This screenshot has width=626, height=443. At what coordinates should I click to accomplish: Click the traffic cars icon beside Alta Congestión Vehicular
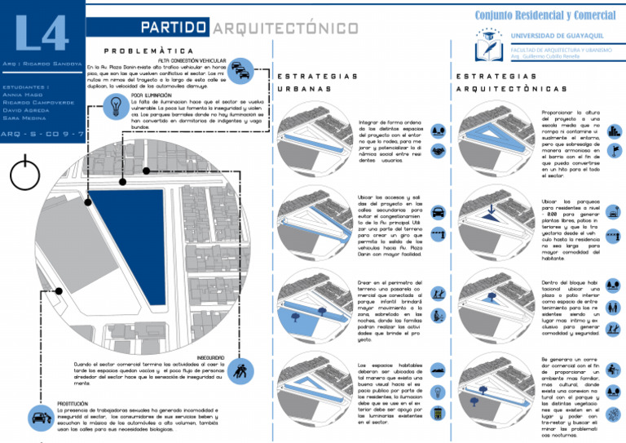point(241,71)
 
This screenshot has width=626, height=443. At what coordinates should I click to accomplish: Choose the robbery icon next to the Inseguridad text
point(240,373)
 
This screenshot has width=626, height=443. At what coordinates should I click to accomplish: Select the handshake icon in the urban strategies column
point(438,153)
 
